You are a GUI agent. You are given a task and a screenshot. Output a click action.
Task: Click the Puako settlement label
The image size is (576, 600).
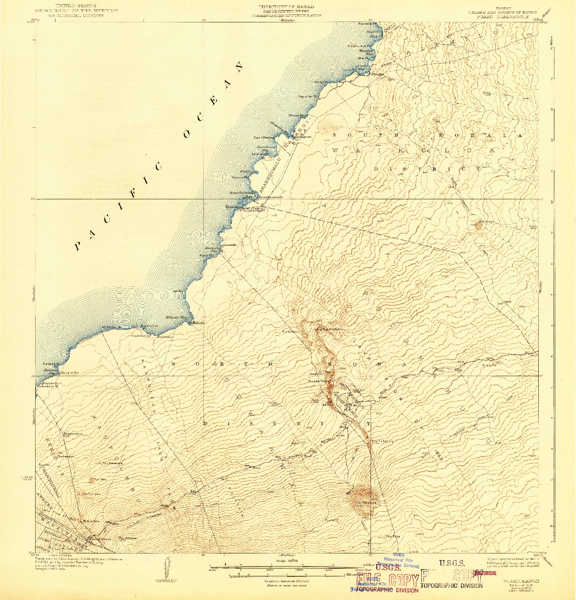pos(378,73)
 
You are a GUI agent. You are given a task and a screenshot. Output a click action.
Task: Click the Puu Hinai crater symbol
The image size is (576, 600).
pos(479,226)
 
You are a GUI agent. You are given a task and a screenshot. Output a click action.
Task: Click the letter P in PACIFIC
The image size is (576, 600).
pos(78,246)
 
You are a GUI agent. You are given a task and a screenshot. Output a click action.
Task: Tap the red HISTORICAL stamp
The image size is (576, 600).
pos(485,573)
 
